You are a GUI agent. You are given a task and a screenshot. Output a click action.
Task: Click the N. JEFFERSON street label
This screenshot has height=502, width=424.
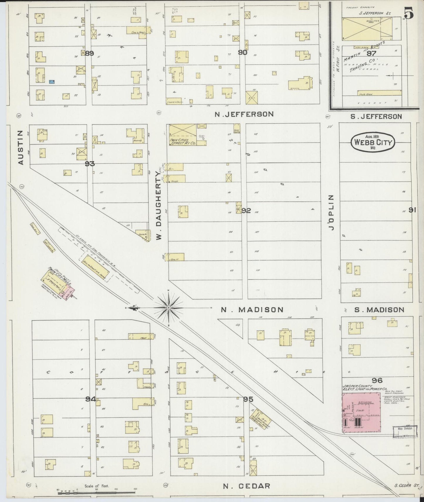point(244,114)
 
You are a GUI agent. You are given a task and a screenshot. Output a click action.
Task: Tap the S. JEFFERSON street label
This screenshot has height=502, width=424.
point(376,117)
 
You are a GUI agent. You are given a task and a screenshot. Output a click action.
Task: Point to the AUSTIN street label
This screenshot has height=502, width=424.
point(20,147)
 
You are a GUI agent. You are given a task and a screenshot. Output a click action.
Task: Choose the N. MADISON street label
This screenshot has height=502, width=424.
point(252,310)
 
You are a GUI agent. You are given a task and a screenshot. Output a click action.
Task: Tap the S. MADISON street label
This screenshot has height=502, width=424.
point(379,310)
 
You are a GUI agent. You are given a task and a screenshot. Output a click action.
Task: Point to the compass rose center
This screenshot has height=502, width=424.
point(169,308)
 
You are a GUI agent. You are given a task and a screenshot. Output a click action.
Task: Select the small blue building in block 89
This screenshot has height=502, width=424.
point(52,82)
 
